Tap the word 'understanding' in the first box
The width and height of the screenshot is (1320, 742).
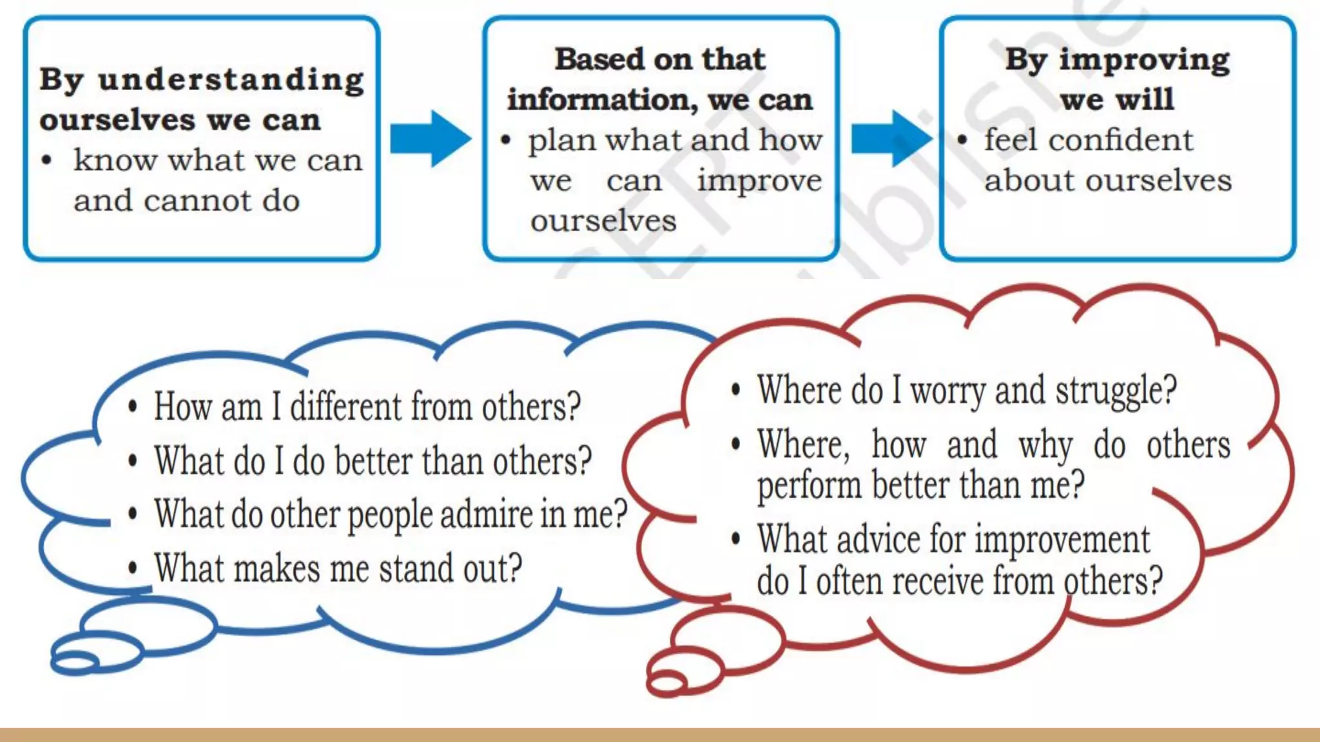click(x=231, y=81)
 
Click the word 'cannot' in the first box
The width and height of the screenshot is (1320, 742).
click(x=198, y=201)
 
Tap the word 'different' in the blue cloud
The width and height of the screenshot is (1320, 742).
click(x=346, y=408)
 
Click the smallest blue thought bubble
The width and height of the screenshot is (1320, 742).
click(x=75, y=661)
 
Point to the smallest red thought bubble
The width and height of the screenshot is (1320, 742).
click(x=667, y=681)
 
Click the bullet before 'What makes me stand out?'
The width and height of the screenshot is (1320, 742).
click(x=133, y=568)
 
